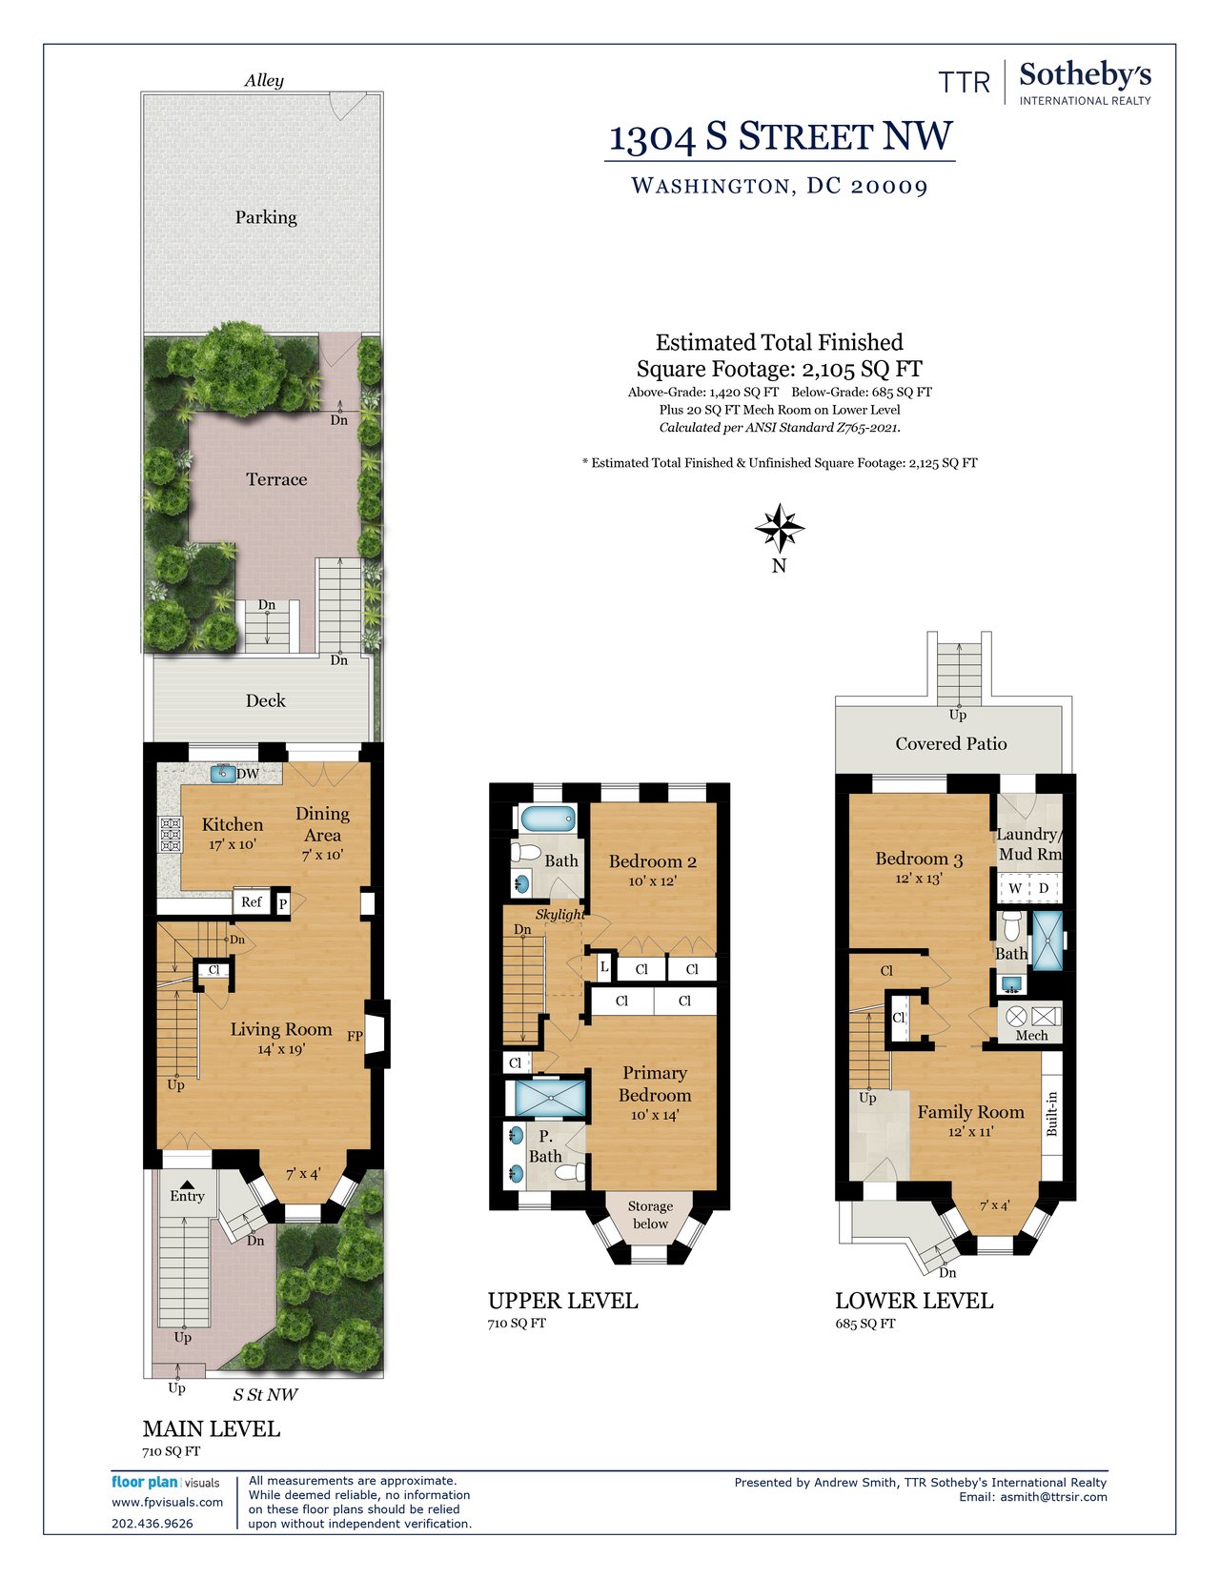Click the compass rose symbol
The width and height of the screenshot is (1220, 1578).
780,528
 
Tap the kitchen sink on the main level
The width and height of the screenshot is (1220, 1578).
223,774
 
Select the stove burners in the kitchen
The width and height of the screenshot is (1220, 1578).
171,835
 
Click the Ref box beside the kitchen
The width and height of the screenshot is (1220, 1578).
252,902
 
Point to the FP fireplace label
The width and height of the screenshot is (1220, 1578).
355,1036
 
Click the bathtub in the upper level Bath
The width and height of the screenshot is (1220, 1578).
548,819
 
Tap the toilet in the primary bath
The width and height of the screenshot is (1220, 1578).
575,1170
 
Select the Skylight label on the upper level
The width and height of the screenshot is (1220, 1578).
559,914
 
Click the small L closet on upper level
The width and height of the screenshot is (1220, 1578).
603,967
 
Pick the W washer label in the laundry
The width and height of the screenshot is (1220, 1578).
1015,888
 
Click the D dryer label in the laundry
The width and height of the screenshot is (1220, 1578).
1044,888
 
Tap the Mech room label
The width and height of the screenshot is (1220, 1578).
1031,1036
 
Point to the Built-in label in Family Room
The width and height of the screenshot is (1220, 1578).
1051,1114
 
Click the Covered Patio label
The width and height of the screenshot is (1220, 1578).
950,743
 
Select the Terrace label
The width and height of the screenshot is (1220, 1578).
276,479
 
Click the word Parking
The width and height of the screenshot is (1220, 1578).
266,217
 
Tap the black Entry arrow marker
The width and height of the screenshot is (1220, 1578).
188,1183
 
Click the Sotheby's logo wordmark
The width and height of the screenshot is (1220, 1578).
1085,75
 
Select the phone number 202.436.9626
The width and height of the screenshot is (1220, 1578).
152,1524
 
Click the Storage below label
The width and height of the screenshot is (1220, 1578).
650,1215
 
